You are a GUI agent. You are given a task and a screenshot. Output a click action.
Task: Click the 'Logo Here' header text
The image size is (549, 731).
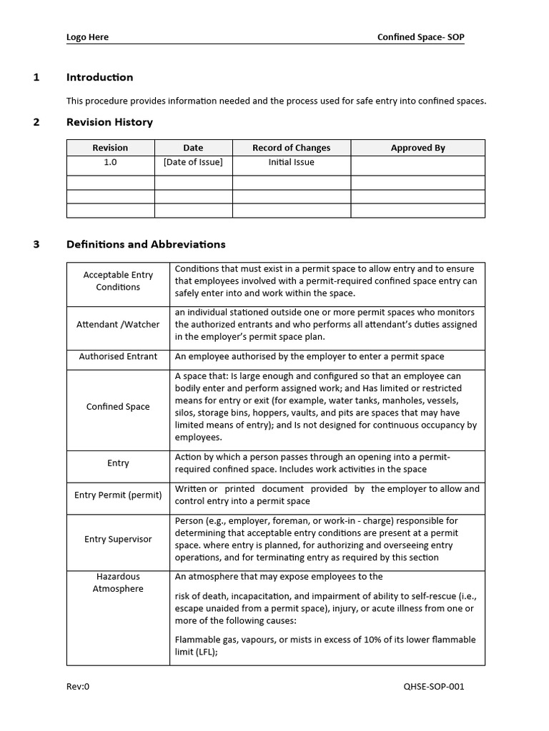pos(87,37)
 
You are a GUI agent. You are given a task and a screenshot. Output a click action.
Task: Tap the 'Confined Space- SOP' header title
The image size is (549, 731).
pos(420,37)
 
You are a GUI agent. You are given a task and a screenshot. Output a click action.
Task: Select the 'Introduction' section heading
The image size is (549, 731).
pos(99,77)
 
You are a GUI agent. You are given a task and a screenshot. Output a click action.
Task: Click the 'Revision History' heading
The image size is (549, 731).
pos(109,122)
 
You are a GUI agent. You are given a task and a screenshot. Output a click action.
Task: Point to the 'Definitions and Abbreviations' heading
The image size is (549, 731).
pos(146,244)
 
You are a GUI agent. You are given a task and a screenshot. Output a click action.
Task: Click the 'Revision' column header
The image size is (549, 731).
pos(110,148)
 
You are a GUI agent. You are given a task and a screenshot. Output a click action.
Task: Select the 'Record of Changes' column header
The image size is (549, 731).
pos(291,148)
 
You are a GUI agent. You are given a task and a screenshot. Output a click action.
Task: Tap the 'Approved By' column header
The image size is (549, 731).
pos(417,148)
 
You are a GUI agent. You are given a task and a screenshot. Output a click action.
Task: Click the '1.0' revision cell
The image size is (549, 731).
pos(110,162)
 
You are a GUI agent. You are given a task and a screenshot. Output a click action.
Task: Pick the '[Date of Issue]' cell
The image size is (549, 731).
pos(193,162)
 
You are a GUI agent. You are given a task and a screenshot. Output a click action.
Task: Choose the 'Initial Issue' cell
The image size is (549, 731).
pos(291,162)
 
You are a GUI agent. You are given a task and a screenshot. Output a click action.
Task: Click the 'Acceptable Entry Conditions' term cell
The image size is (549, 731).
pos(118,281)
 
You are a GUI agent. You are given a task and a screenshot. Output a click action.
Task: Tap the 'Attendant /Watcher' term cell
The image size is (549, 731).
pos(118,324)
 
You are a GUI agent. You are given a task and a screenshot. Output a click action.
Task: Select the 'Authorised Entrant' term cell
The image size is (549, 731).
pos(118,356)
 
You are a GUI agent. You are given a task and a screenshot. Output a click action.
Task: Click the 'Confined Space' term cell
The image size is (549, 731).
pos(118,406)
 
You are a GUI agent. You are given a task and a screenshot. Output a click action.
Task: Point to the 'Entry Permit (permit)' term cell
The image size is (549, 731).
pos(118,495)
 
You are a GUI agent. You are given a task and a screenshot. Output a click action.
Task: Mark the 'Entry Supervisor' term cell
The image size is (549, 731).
pos(118,539)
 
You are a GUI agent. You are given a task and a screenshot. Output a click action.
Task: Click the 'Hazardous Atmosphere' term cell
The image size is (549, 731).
pos(118,583)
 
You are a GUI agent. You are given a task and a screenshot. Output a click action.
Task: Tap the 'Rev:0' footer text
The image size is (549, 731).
pos(78,687)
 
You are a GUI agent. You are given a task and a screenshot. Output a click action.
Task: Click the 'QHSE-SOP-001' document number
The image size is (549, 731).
pos(434,687)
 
